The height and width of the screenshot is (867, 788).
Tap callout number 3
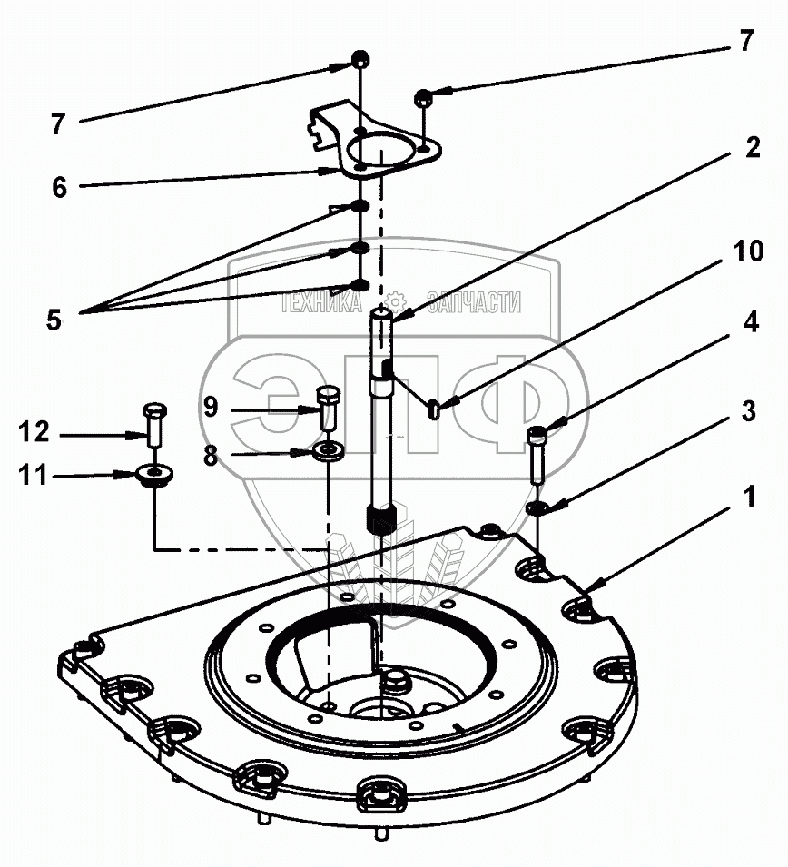[x=746, y=411]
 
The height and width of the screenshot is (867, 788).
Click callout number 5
[x=55, y=320]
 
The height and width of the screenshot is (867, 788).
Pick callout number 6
[x=59, y=187]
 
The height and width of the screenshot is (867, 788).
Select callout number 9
[x=211, y=407]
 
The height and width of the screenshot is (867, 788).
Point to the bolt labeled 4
[x=537, y=450]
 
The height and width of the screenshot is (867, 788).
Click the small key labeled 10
[x=434, y=409]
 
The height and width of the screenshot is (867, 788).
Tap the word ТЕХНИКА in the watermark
[x=320, y=303]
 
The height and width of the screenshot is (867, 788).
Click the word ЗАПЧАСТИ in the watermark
[x=474, y=303]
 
